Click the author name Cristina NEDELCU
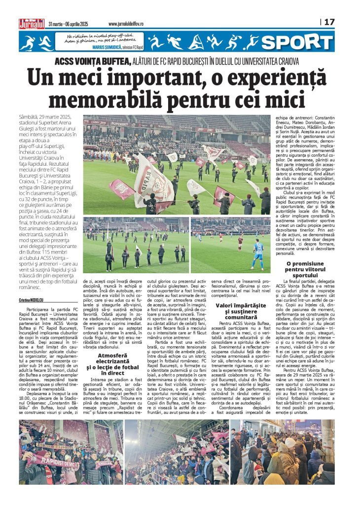[32, 300]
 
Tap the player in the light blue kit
[258, 252]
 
